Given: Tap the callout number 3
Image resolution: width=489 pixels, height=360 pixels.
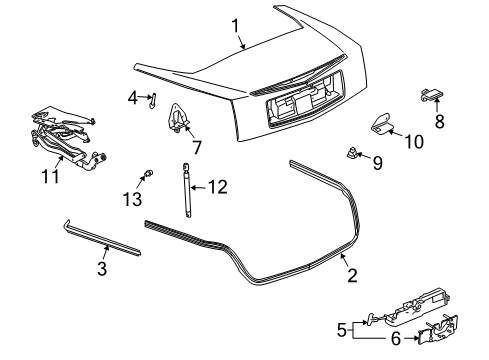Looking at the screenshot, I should point(102,268).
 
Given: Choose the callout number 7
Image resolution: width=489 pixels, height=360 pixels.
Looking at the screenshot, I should point(196,147).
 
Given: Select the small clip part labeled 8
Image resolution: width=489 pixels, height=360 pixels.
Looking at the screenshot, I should point(433,95).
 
